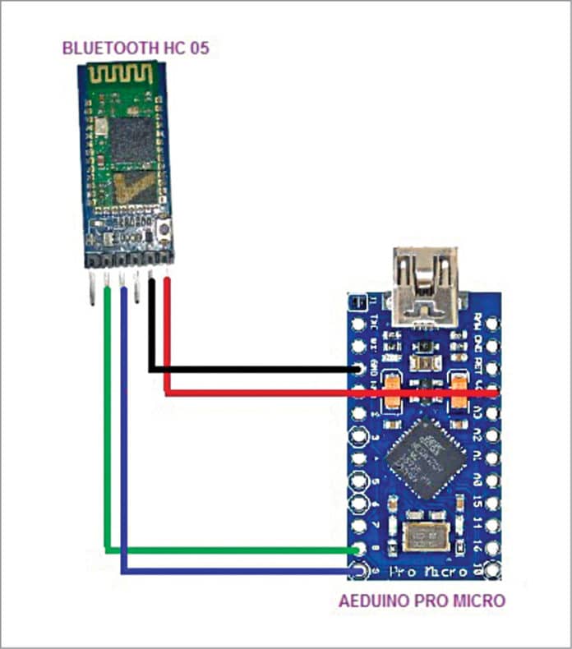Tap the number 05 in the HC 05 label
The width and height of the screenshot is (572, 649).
[198, 48]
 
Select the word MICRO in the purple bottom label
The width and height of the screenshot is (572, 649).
[481, 601]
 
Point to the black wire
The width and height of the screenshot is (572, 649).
[247, 370]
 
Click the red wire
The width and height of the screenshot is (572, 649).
[329, 394]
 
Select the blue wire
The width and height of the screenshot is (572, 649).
[230, 570]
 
